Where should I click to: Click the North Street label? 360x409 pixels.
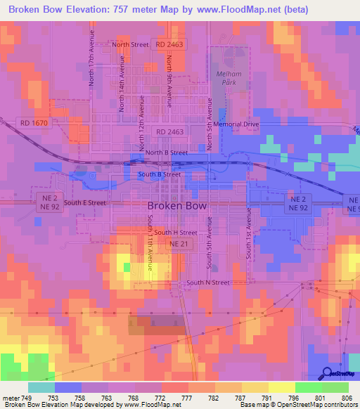(131, 45)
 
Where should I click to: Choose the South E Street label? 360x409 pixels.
(85, 202)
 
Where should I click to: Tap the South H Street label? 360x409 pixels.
(176, 232)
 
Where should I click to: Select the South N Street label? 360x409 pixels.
(208, 283)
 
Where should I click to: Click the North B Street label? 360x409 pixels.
(167, 152)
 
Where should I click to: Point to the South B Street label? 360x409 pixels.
(160, 174)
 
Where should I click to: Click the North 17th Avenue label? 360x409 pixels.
(91, 62)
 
